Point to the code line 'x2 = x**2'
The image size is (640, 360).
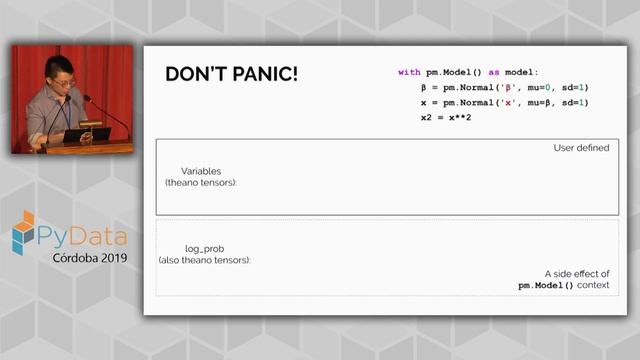tap(446, 117)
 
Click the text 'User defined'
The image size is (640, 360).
tap(581, 148)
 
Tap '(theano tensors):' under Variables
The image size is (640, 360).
tap(201, 183)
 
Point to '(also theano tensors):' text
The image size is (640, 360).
tap(205, 260)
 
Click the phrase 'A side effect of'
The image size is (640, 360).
tap(577, 273)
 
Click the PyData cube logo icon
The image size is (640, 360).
tap(23, 232)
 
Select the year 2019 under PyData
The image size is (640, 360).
tap(109, 257)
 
